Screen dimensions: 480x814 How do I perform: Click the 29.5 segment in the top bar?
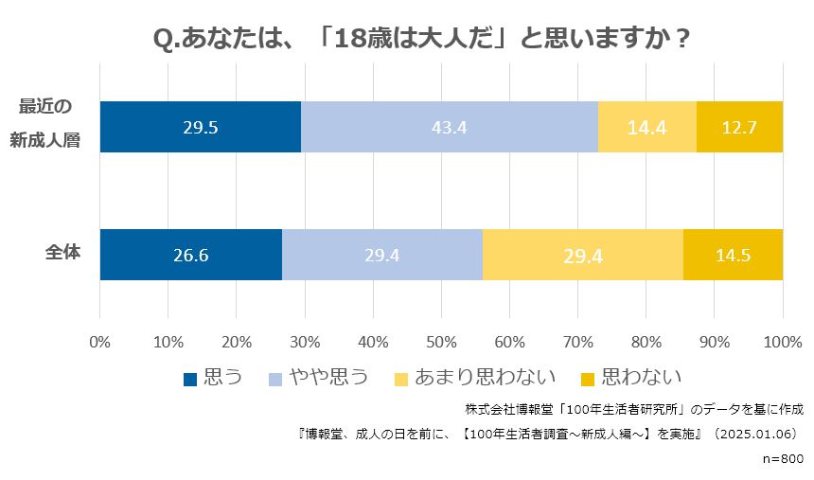pos(200,127)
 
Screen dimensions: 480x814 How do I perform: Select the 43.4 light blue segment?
pos(450,127)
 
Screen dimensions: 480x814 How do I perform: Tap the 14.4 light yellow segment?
pos(647,127)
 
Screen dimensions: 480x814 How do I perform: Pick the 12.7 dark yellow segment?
pos(739,127)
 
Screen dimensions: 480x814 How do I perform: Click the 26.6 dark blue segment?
pos(190,255)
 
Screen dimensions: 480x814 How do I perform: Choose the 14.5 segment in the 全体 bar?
pos(733,255)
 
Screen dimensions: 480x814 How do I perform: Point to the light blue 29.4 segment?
pos(382,255)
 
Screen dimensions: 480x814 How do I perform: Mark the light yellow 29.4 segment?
pos(583,255)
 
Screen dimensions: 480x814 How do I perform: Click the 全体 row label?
pos(62,254)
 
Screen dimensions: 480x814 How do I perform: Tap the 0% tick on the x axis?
pos(99,342)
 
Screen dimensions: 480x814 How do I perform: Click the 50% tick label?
pos(441,342)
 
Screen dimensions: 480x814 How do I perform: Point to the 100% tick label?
pos(782,342)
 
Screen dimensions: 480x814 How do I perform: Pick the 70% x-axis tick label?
pos(578,342)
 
